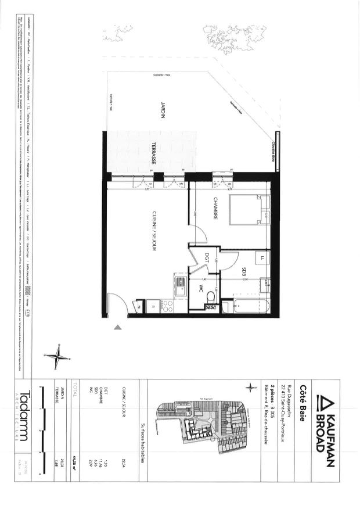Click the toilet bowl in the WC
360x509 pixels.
pyautogui.click(x=211, y=297)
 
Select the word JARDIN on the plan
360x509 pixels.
pyautogui.click(x=163, y=110)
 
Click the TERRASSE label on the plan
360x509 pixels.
pyautogui.click(x=154, y=154)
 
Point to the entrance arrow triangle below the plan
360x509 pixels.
pyautogui.click(x=118, y=328)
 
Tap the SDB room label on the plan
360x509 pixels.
pyautogui.click(x=244, y=271)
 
